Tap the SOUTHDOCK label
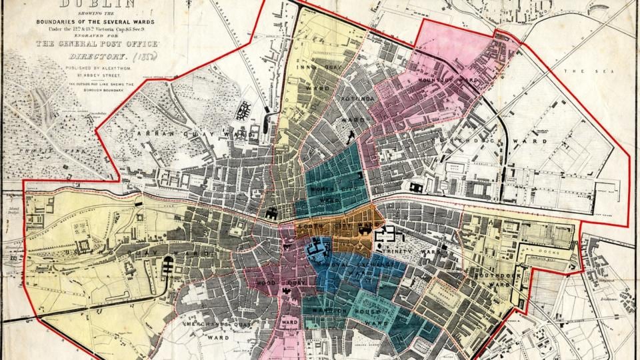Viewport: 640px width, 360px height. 494,273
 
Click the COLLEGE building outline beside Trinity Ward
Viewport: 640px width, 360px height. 387,235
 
